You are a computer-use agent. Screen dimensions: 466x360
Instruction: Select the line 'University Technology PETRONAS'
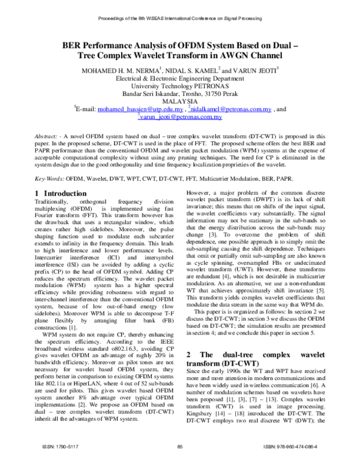tap(179, 86)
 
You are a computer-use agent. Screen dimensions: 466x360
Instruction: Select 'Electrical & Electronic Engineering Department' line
tap(179, 79)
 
